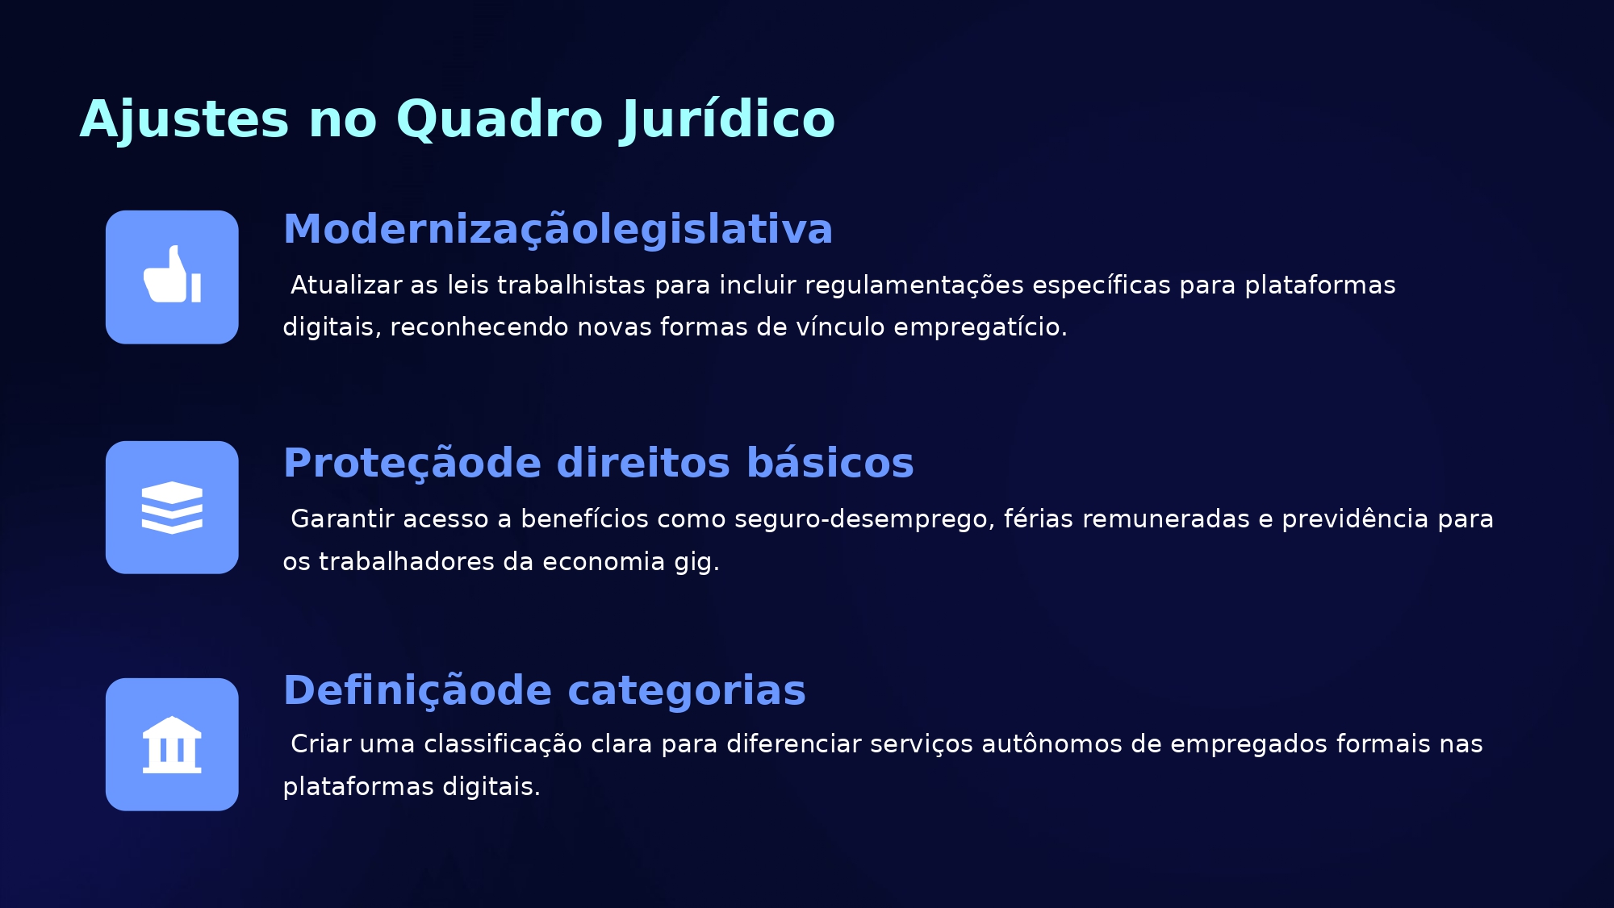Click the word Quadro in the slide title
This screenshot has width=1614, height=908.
500,120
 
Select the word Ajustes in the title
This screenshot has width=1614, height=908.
184,119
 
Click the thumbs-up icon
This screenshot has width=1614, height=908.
172,274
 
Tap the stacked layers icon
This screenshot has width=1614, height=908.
172,507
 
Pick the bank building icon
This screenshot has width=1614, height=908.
172,744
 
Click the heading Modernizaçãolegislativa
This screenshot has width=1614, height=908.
558,230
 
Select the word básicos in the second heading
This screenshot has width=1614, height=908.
830,463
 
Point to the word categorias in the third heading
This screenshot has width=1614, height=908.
687,690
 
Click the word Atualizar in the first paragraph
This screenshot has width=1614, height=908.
346,285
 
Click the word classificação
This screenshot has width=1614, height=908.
503,744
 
